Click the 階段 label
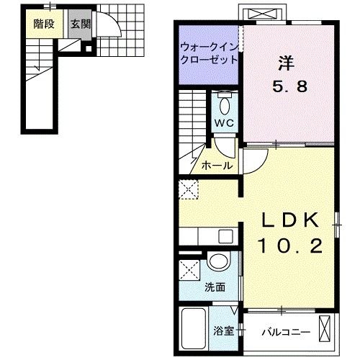coord(44,22)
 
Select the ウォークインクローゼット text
coord(209,55)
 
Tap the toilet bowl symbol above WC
coord(225,105)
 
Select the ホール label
coord(216,166)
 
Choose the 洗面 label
coord(215,287)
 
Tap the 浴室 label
coord(222,331)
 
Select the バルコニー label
coord(285,332)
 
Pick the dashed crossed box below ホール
coord(189,190)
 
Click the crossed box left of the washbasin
coord(192,271)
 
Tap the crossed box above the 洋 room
coord(263,14)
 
